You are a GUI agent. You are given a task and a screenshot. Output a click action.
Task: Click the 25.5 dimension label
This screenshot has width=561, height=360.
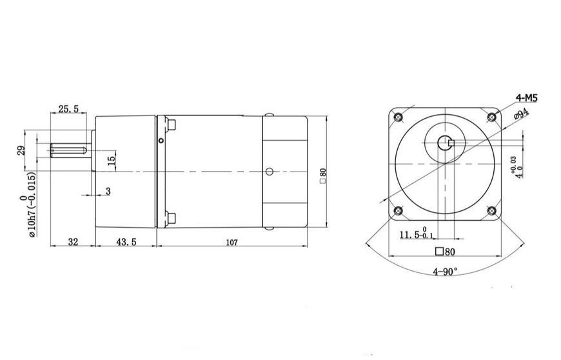coord(68,109)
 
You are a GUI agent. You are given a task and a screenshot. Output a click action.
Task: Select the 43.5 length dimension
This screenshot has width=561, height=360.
coord(126,242)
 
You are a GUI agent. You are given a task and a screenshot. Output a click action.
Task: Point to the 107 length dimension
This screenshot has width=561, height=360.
coord(232,243)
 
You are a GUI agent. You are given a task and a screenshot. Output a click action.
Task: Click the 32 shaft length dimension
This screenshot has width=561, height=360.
coord(73,242)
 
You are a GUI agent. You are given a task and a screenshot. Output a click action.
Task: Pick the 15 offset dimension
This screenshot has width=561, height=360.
coord(112,159)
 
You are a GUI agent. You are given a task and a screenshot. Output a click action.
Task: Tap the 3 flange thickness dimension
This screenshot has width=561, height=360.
coord(108,191)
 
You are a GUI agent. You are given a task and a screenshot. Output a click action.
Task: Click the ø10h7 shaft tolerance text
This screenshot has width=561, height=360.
coord(32,205)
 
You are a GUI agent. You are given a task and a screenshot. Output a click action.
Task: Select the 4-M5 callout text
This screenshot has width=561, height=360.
coord(526,97)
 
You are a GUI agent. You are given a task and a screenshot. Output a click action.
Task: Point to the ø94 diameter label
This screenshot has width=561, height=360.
coord(521,114)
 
